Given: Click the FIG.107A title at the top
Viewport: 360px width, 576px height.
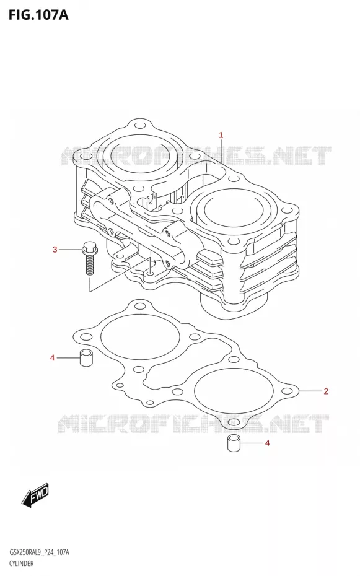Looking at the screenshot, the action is click(38, 15).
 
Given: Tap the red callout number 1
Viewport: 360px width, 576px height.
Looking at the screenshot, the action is click(221, 135).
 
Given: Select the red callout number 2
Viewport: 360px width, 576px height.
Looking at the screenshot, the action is click(326, 391).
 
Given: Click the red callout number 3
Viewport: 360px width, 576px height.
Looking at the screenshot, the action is click(55, 250).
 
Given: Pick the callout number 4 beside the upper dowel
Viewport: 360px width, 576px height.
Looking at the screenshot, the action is click(53, 357).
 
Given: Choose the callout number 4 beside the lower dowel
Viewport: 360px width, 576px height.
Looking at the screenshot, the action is click(268, 443).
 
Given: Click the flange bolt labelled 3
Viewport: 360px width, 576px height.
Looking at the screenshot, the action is click(89, 258).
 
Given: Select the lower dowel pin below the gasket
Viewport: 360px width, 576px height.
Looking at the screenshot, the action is click(232, 443).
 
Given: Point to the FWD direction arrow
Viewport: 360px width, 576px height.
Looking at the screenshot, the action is click(35, 495).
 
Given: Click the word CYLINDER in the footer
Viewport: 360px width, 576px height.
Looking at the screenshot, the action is click(22, 563).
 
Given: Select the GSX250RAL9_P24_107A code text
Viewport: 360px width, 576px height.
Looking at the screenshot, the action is click(39, 552).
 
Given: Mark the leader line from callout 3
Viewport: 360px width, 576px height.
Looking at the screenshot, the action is click(71, 250).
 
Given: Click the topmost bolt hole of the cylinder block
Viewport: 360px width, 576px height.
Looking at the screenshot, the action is click(140, 126).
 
